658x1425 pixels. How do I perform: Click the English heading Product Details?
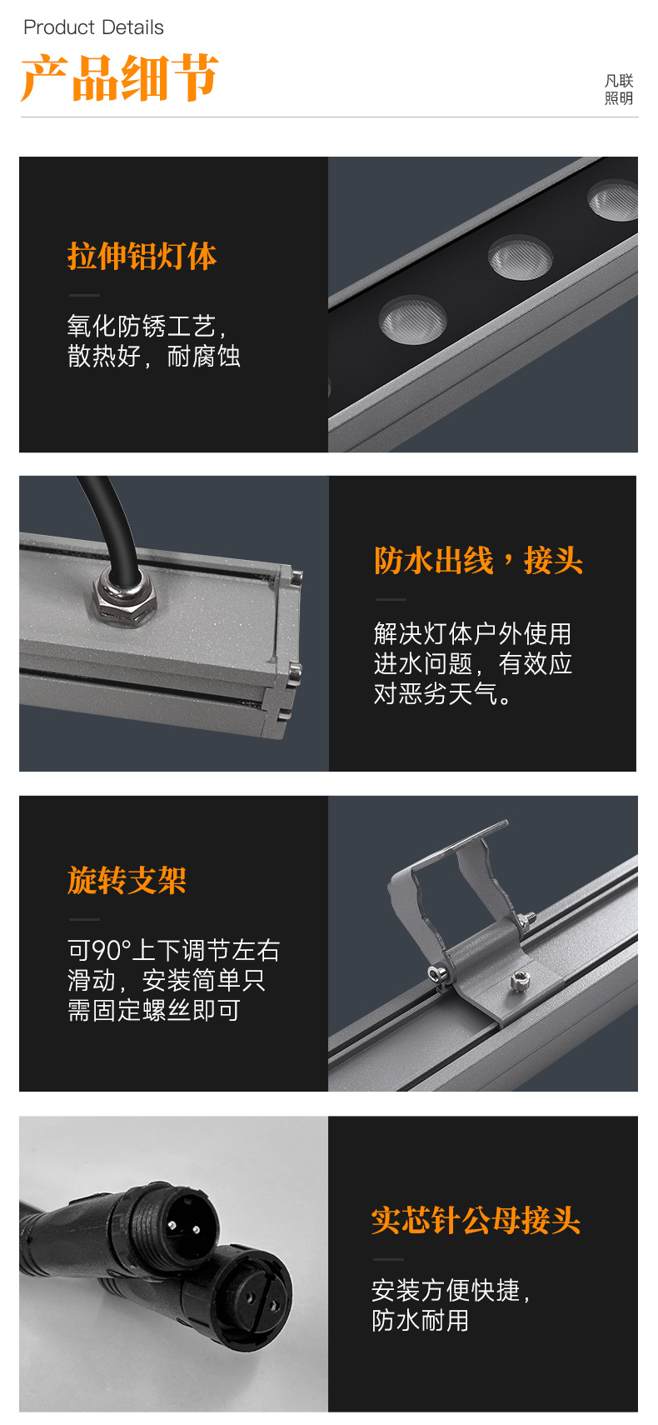[93, 27]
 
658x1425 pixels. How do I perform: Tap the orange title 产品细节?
[120, 78]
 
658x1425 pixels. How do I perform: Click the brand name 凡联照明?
[619, 89]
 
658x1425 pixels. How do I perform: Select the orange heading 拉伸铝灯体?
[142, 256]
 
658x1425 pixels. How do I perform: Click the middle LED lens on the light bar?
[520, 257]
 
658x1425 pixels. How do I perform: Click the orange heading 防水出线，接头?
[478, 561]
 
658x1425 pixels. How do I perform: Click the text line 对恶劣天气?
[442, 693]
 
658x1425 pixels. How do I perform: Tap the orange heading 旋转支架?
[127, 880]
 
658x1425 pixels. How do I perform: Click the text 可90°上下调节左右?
[173, 950]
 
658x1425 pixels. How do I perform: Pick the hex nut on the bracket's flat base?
[519, 982]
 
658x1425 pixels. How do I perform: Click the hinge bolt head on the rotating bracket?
[438, 972]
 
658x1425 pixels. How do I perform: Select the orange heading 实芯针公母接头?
[476, 1220]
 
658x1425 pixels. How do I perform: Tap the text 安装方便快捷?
[450, 1290]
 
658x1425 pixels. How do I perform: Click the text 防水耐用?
[420, 1320]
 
